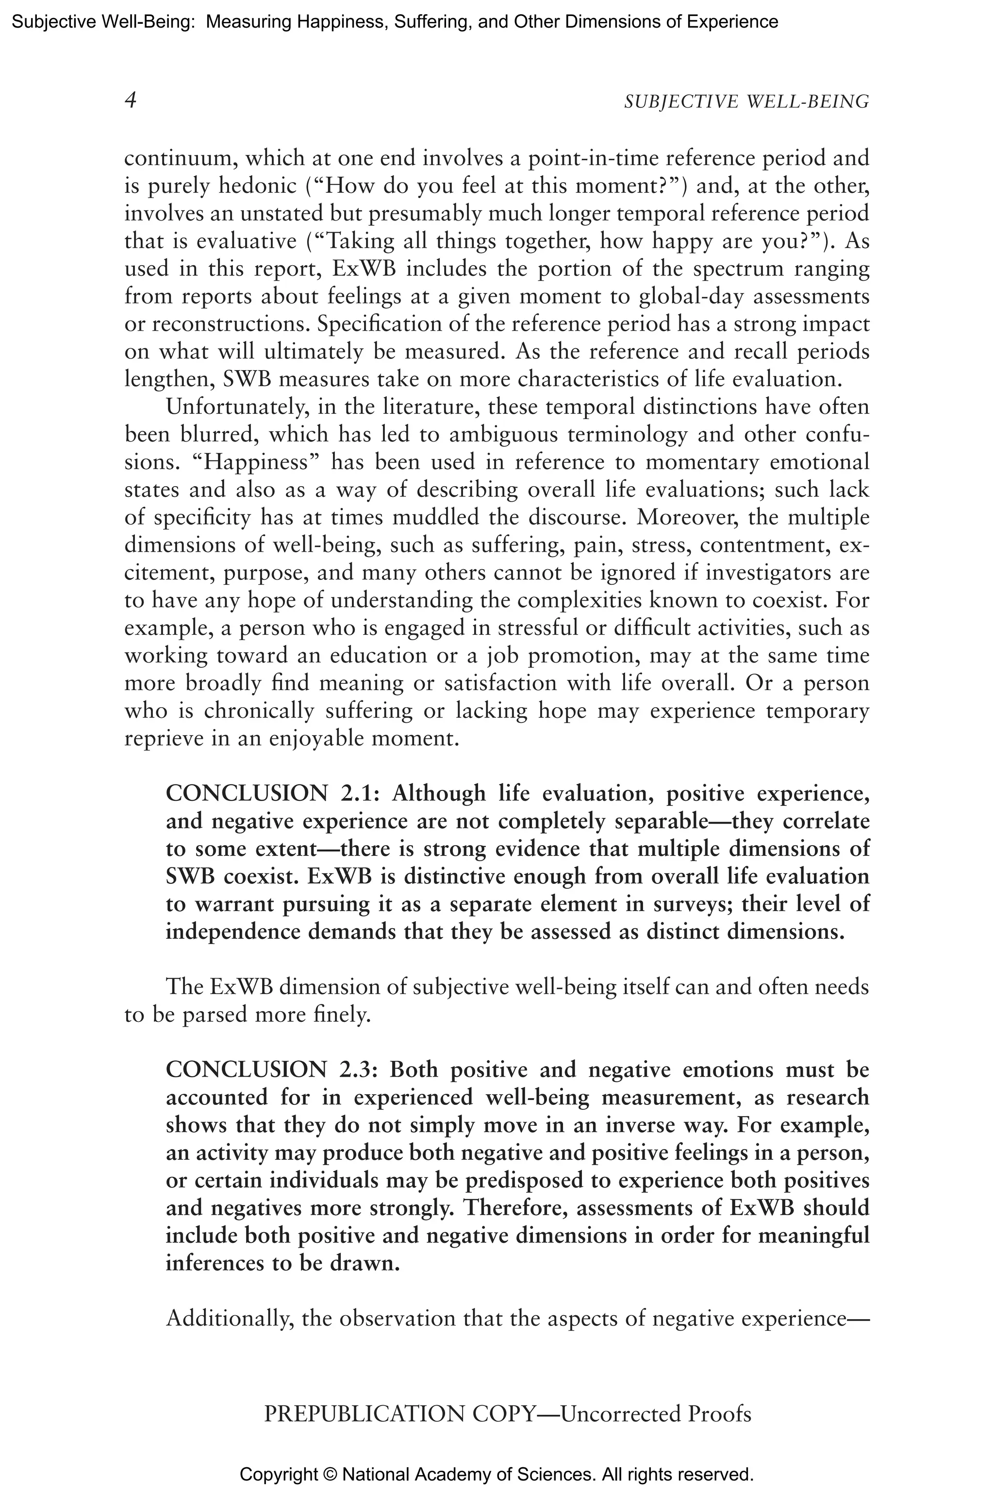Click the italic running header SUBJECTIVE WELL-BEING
click(x=746, y=102)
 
